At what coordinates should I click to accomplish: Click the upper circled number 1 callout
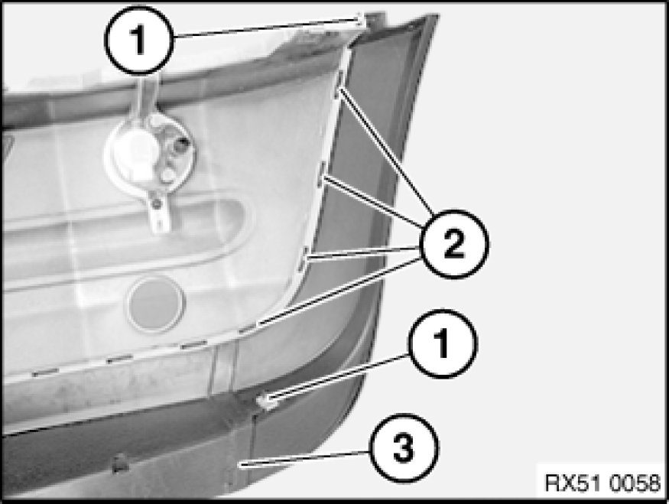pos(139,41)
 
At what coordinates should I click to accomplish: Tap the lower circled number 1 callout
pos(443,344)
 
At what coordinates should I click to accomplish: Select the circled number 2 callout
pos(454,244)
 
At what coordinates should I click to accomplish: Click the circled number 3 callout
pos(404,448)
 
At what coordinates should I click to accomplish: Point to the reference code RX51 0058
pos(602,483)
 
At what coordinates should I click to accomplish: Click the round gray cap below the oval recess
pos(156,304)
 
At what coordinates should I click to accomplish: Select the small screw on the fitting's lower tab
pos(157,203)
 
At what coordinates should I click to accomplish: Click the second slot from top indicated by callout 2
pos(322,175)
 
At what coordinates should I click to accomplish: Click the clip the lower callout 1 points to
pos(265,402)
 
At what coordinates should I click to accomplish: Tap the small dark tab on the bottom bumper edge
pos(121,463)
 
